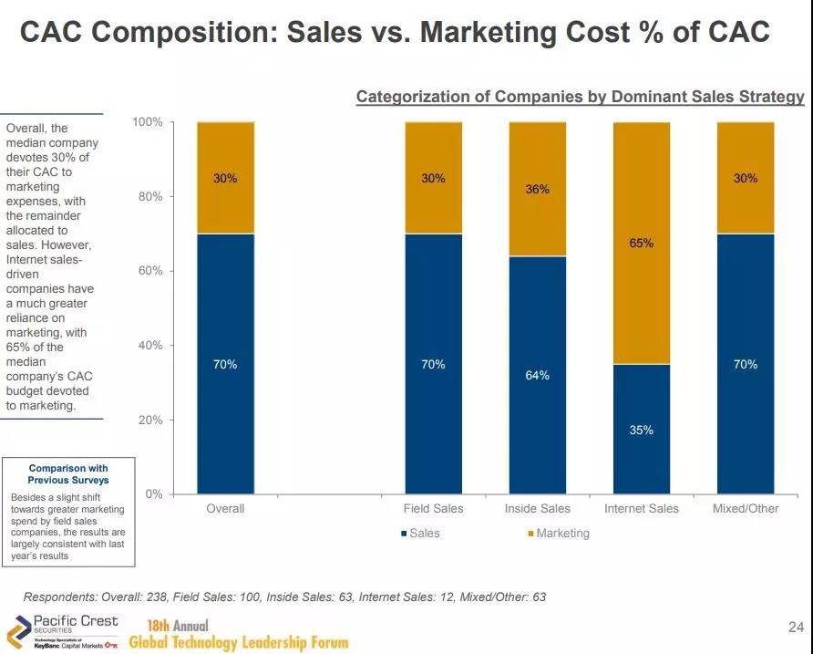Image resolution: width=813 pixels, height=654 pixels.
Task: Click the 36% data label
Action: click(x=538, y=190)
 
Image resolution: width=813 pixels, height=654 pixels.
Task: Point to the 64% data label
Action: click(x=538, y=376)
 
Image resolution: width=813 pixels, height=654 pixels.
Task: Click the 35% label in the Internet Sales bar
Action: click(x=642, y=430)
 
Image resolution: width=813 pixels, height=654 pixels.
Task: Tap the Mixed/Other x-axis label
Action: click(x=746, y=508)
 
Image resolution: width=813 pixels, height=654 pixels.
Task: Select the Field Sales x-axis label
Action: click(x=434, y=508)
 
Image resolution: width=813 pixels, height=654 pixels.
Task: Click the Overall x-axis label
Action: click(x=225, y=508)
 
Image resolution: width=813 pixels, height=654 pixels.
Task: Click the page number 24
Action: click(x=794, y=627)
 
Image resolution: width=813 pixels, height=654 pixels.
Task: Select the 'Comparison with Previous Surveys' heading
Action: click(x=68, y=473)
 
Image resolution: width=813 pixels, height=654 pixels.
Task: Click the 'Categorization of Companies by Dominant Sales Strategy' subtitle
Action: click(x=580, y=97)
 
